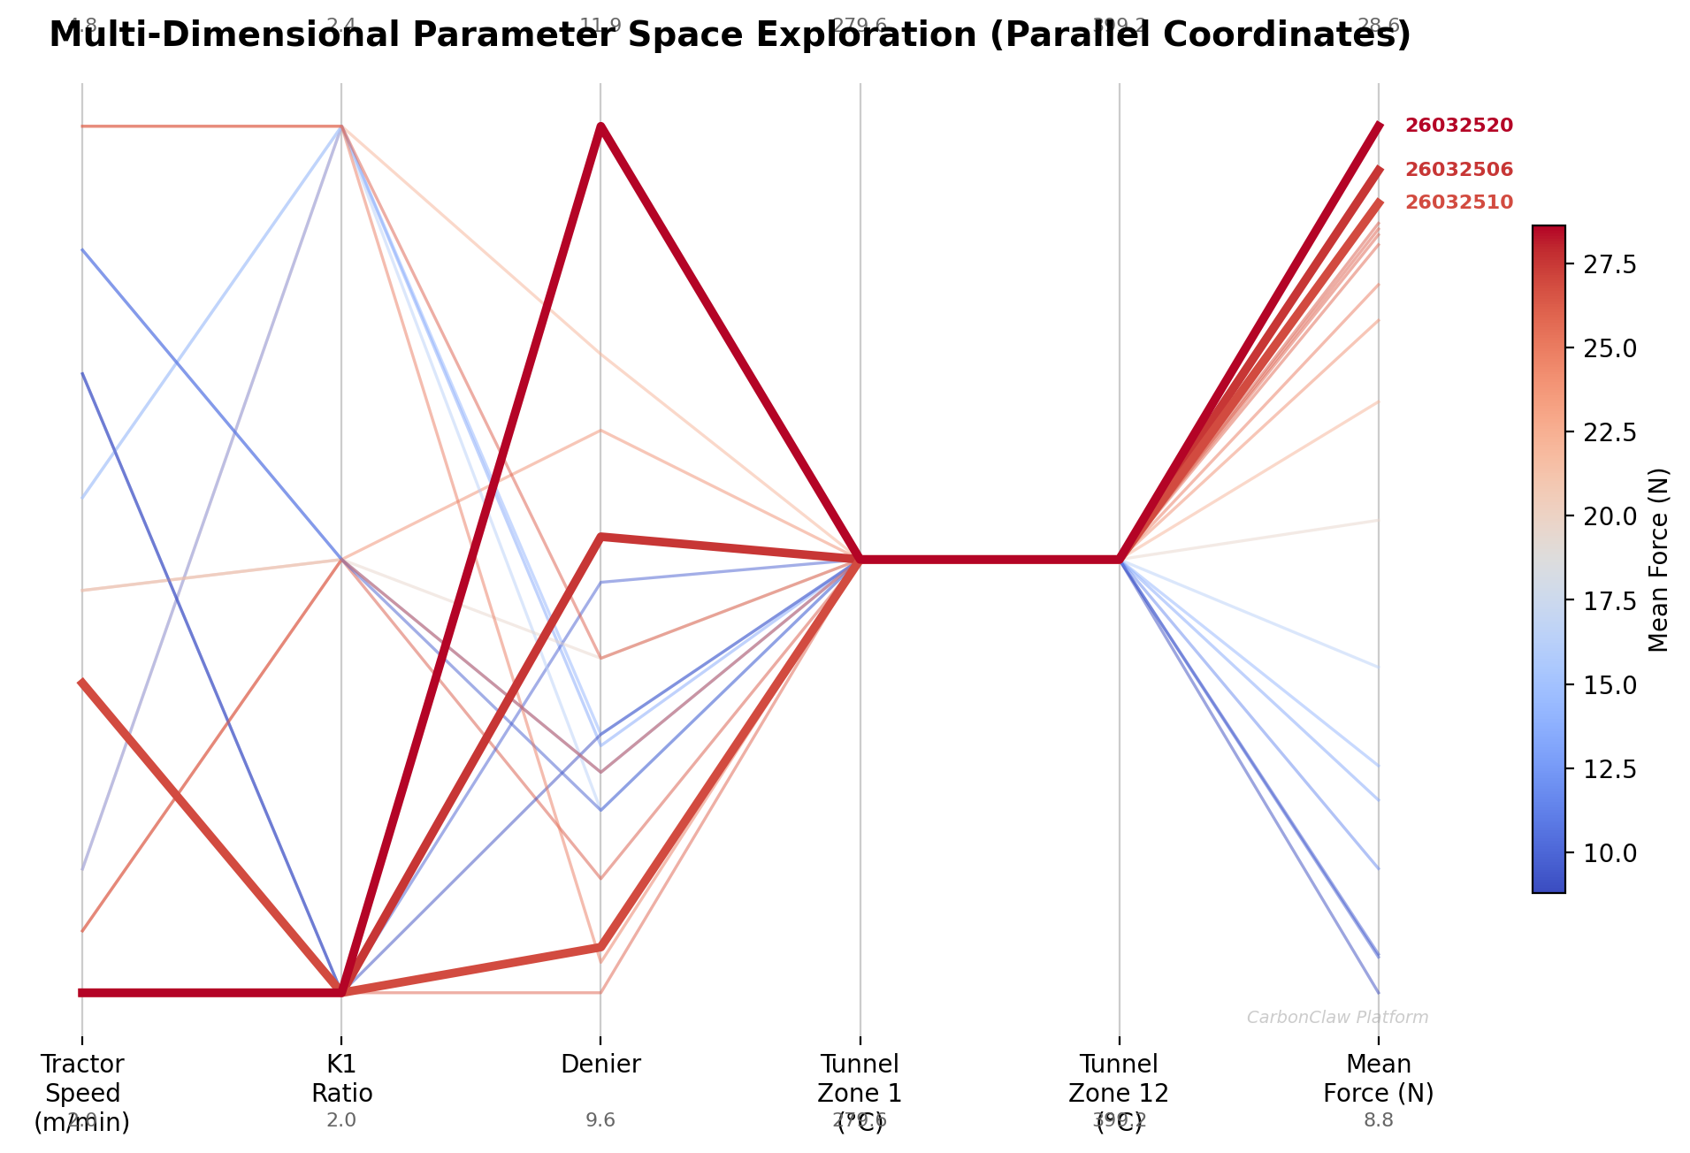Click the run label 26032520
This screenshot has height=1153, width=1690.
click(1458, 126)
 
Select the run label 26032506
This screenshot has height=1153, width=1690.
click(1458, 170)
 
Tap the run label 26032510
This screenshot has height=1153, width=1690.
click(1458, 202)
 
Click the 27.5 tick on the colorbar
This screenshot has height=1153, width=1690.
click(1603, 264)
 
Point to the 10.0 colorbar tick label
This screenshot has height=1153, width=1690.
click(1603, 853)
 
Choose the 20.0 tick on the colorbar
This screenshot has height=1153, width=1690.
click(1603, 516)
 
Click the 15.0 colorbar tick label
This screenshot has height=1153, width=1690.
click(1603, 685)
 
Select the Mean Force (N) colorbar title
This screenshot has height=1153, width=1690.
click(1659, 560)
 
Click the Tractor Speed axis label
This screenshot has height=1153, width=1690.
click(82, 1093)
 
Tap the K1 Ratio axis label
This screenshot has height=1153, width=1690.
click(341, 1079)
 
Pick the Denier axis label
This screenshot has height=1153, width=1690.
click(600, 1065)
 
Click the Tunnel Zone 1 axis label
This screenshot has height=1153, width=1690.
click(860, 1079)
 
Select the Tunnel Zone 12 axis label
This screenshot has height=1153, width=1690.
click(1119, 1079)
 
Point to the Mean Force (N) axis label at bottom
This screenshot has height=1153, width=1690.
click(1378, 1079)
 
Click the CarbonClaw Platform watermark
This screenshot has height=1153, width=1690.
click(1337, 1018)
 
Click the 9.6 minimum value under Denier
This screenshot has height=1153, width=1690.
click(600, 1121)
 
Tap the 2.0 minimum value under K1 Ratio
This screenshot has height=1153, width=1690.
click(341, 1121)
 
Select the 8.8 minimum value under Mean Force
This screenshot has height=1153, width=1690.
click(1378, 1121)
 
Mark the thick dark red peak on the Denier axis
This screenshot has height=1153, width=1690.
click(600, 126)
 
